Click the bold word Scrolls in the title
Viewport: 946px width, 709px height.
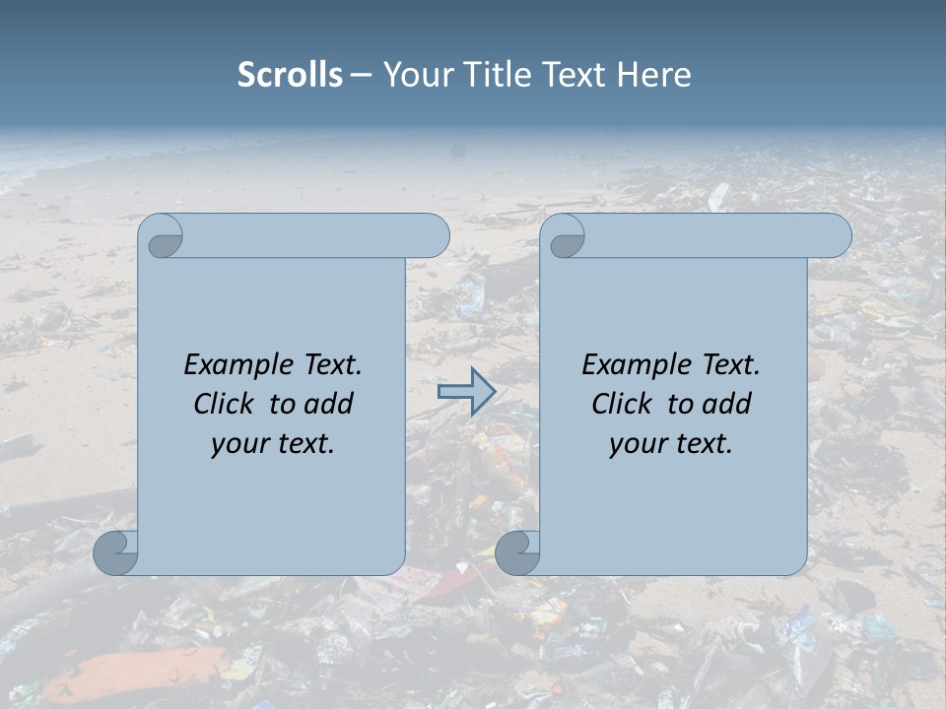pyautogui.click(x=290, y=75)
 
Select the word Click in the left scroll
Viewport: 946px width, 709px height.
pyautogui.click(x=223, y=404)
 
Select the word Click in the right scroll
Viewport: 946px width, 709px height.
pyautogui.click(x=621, y=404)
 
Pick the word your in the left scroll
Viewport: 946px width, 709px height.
pyautogui.click(x=237, y=444)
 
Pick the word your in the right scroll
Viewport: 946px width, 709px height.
pyautogui.click(x=636, y=444)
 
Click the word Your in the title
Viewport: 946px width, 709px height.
pyautogui.click(x=411, y=75)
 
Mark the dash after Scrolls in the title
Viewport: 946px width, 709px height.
pyautogui.click(x=361, y=75)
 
